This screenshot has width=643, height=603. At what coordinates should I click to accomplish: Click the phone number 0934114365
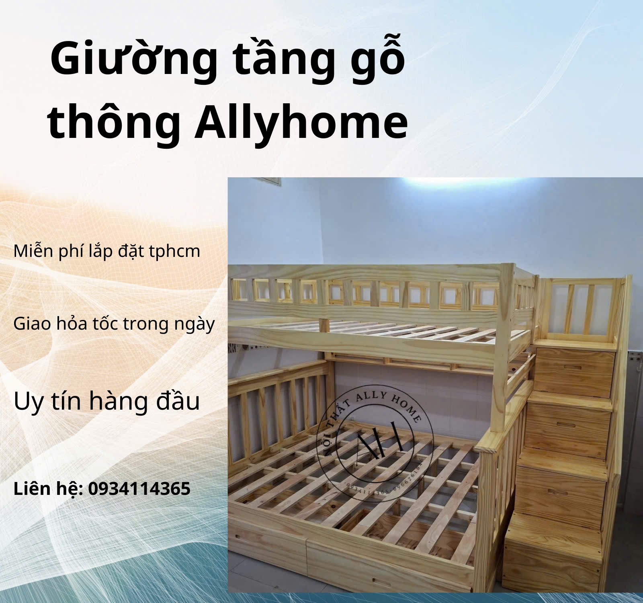pos(139,489)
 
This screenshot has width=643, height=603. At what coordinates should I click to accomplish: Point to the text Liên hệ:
pos(48,489)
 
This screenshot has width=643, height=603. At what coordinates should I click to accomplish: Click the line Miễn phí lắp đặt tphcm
pos(106,251)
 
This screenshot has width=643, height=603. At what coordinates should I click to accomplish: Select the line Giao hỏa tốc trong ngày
pos(114,324)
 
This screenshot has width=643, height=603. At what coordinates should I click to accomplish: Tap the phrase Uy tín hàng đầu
pos(106,401)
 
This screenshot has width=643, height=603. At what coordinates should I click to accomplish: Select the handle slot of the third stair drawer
pos(561,492)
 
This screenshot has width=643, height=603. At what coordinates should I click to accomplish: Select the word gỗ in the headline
pos(380,60)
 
